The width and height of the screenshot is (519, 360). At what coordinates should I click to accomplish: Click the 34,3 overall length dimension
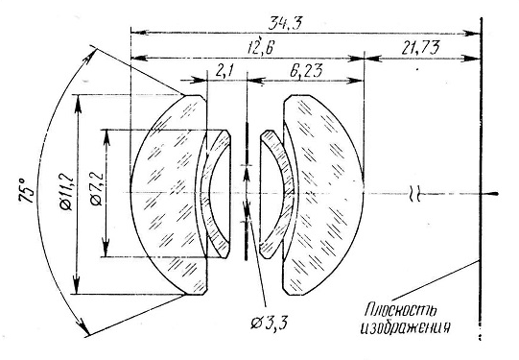click(285, 24)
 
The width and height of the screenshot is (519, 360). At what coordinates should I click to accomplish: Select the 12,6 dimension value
click(261, 47)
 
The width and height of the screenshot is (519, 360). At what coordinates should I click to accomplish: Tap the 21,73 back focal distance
click(421, 47)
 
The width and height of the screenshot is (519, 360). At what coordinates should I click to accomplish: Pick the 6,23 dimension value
click(305, 70)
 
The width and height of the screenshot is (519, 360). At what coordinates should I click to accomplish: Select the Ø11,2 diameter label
click(67, 193)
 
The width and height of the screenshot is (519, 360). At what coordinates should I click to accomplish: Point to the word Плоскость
click(401, 311)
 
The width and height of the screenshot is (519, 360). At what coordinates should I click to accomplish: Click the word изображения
click(405, 327)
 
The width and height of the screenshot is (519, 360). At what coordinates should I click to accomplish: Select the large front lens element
click(169, 195)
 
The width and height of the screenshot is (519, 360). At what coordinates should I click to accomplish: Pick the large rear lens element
click(322, 195)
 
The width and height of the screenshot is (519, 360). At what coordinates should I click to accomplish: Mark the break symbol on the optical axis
click(415, 193)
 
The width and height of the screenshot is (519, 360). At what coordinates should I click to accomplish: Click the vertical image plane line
click(481, 178)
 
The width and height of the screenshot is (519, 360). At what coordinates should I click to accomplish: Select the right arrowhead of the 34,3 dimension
click(472, 33)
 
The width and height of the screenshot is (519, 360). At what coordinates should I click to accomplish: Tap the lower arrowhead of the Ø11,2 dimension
click(77, 283)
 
